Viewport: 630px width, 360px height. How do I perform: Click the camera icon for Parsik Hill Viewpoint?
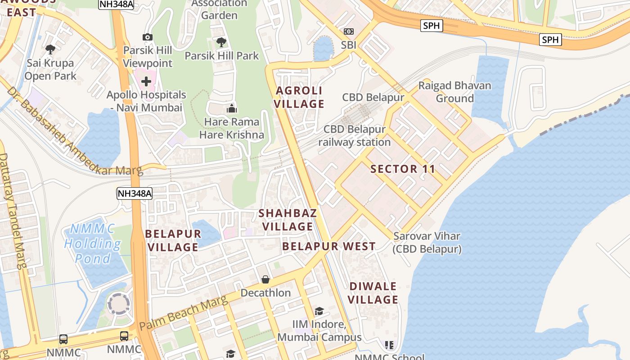(147, 37)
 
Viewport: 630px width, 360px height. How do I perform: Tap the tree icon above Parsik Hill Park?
(221, 42)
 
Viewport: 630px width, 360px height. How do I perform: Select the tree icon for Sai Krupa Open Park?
(50, 49)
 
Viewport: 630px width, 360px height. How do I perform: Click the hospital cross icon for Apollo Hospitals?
(146, 81)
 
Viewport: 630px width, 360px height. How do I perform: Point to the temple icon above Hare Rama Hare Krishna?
(232, 108)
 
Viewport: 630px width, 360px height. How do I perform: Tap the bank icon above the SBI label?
(349, 31)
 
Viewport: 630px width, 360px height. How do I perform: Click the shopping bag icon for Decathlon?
(265, 279)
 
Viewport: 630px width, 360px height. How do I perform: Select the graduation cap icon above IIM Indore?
(319, 311)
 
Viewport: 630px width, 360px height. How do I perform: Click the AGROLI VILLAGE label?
(300, 97)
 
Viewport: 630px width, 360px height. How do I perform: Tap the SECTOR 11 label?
(403, 169)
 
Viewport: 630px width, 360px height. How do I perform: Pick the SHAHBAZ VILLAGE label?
(288, 220)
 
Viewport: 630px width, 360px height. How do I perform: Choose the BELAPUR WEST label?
(329, 246)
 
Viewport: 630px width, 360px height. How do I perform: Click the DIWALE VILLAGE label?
(373, 293)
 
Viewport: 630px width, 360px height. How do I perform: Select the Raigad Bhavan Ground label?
(454, 92)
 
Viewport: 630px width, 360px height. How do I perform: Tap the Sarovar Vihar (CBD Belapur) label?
(427, 243)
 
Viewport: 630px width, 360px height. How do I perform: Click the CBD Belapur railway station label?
(355, 135)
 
